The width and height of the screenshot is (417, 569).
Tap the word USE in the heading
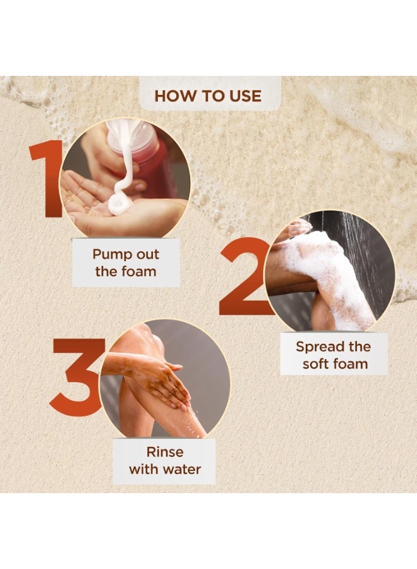[245, 96]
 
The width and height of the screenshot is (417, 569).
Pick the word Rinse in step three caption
[165, 452]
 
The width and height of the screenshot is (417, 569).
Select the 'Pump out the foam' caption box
[126, 263]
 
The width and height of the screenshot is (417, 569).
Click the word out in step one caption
[144, 254]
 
